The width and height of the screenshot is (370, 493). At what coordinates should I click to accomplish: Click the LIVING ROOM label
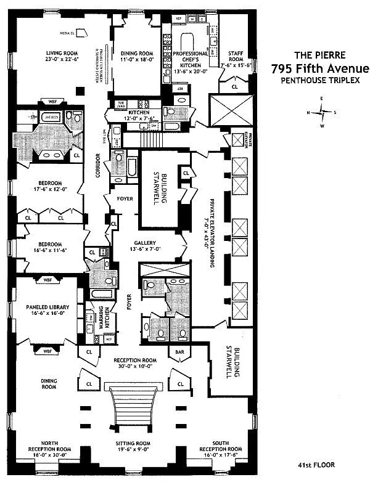coord(65,56)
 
